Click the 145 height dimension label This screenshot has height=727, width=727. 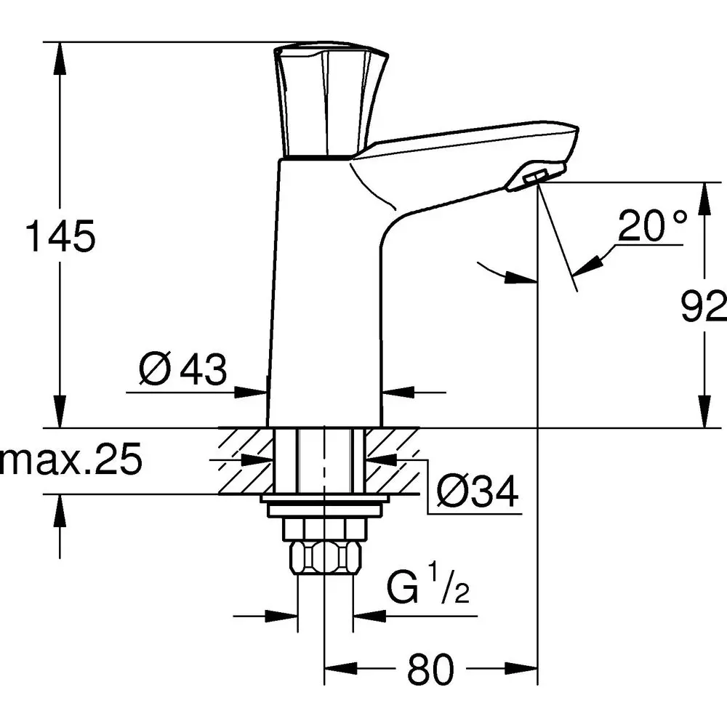pos(60,237)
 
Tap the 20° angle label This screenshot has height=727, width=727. pos(652,227)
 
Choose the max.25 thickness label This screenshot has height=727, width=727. pos(71,461)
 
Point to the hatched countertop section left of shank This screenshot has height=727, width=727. pos(245,461)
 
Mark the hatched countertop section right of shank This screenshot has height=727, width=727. pos(393,461)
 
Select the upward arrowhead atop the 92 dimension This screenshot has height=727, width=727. pos(704,196)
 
